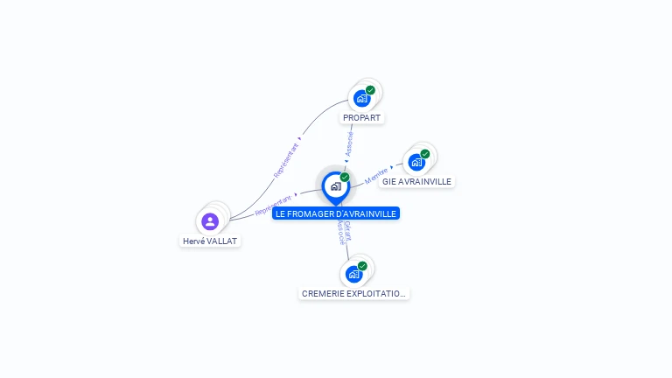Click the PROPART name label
362,117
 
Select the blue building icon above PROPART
361,98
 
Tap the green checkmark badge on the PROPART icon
370,90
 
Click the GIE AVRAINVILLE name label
416,181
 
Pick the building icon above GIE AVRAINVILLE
416,162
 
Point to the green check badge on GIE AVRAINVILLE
425,154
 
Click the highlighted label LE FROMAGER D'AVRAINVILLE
336,213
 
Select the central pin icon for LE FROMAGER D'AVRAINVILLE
335,186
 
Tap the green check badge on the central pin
345,178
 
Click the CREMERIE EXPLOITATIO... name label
353,293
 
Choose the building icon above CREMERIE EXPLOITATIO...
353,274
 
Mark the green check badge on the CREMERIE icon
362,266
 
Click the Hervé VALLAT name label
210,241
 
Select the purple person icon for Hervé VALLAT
210,221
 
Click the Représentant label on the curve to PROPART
286,159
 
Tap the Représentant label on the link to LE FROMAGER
272,206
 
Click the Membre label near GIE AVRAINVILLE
376,174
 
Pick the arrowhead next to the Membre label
392,166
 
